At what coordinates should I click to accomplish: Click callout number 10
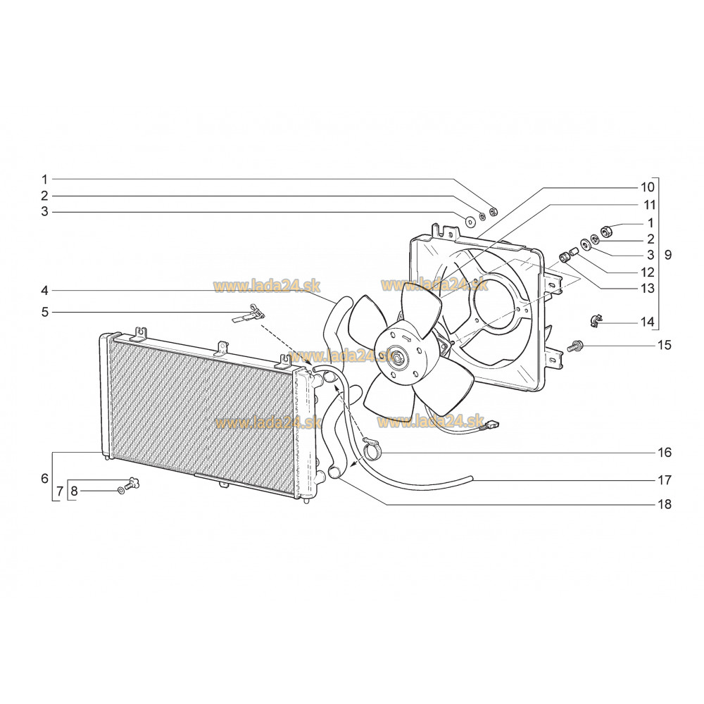coord(648,187)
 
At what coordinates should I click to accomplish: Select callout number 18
coord(665,504)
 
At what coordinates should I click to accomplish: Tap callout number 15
coord(665,345)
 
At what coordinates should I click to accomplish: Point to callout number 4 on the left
coord(44,291)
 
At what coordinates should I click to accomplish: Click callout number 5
coord(44,312)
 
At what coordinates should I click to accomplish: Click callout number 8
coord(75,491)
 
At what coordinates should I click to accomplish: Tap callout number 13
coord(648,288)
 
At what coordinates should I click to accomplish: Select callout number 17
coord(665,480)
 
